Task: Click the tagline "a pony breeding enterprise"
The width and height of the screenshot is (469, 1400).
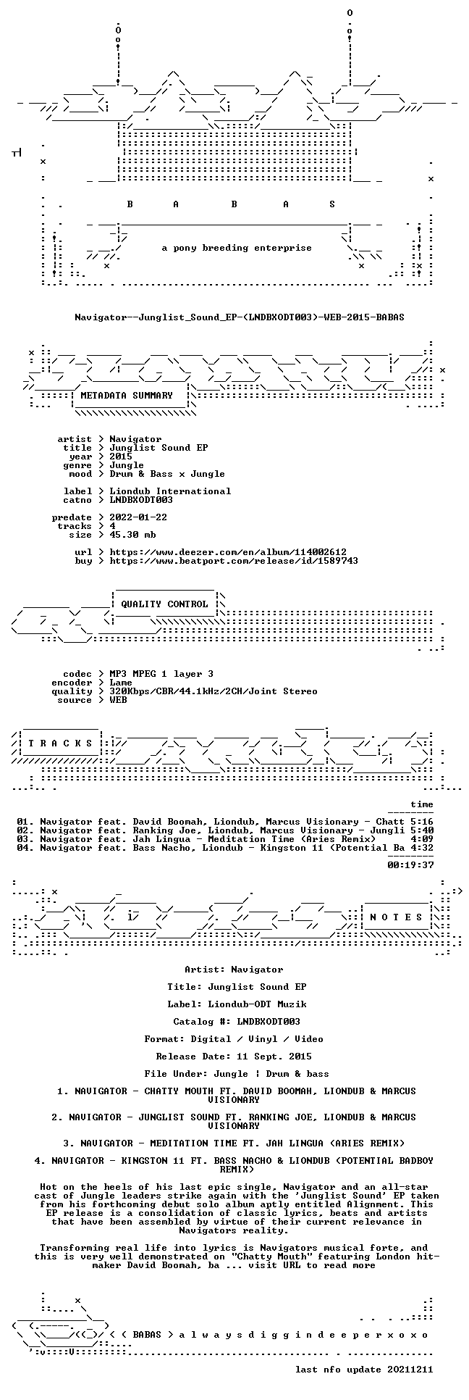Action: point(237,248)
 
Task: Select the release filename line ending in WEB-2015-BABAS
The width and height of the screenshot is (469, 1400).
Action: point(240,317)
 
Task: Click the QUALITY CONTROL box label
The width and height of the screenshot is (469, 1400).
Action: point(164,604)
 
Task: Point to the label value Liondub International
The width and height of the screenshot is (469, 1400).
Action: point(170,491)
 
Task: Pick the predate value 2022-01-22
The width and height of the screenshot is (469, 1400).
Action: point(138,517)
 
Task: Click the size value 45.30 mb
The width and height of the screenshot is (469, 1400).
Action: point(132,535)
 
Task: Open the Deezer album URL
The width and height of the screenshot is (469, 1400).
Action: point(228,552)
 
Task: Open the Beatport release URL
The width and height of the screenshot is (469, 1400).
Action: point(234,561)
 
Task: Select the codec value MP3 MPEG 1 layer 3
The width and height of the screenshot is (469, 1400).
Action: point(161,674)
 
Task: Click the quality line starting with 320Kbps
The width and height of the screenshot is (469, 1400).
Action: point(214,691)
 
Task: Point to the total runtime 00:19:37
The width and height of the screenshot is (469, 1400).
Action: point(410,865)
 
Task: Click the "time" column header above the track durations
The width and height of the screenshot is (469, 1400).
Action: point(422,804)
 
